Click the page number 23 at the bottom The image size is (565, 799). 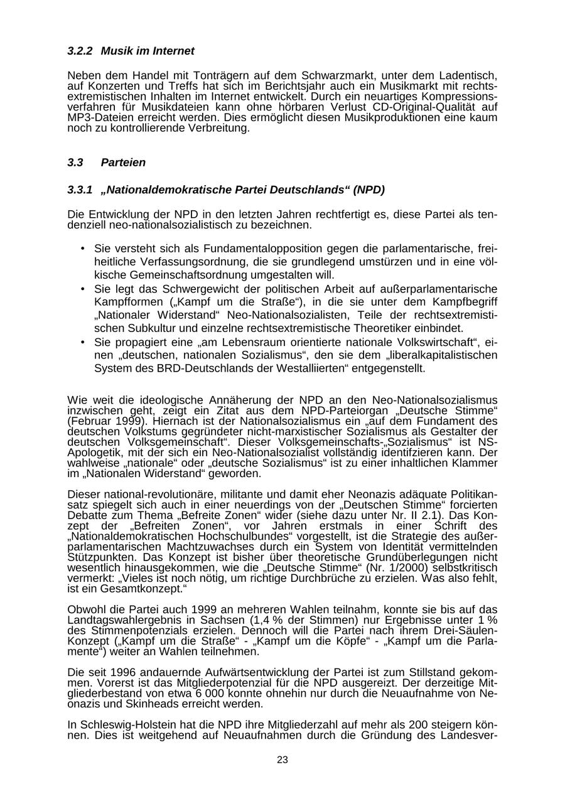[282, 760]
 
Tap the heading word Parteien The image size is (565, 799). [123, 163]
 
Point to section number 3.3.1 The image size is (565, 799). [80, 190]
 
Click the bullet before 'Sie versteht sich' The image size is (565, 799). [82, 248]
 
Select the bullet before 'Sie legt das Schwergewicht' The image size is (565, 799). [82, 288]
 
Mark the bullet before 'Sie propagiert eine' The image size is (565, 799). [82, 341]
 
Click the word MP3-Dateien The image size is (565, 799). [95, 118]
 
